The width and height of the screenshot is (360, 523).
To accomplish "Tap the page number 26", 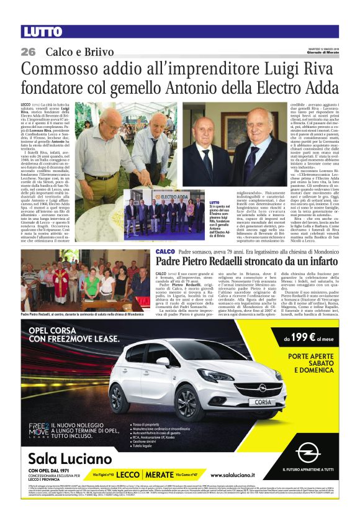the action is point(28,51).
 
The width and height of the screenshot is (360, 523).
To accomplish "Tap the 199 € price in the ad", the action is point(300,339).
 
